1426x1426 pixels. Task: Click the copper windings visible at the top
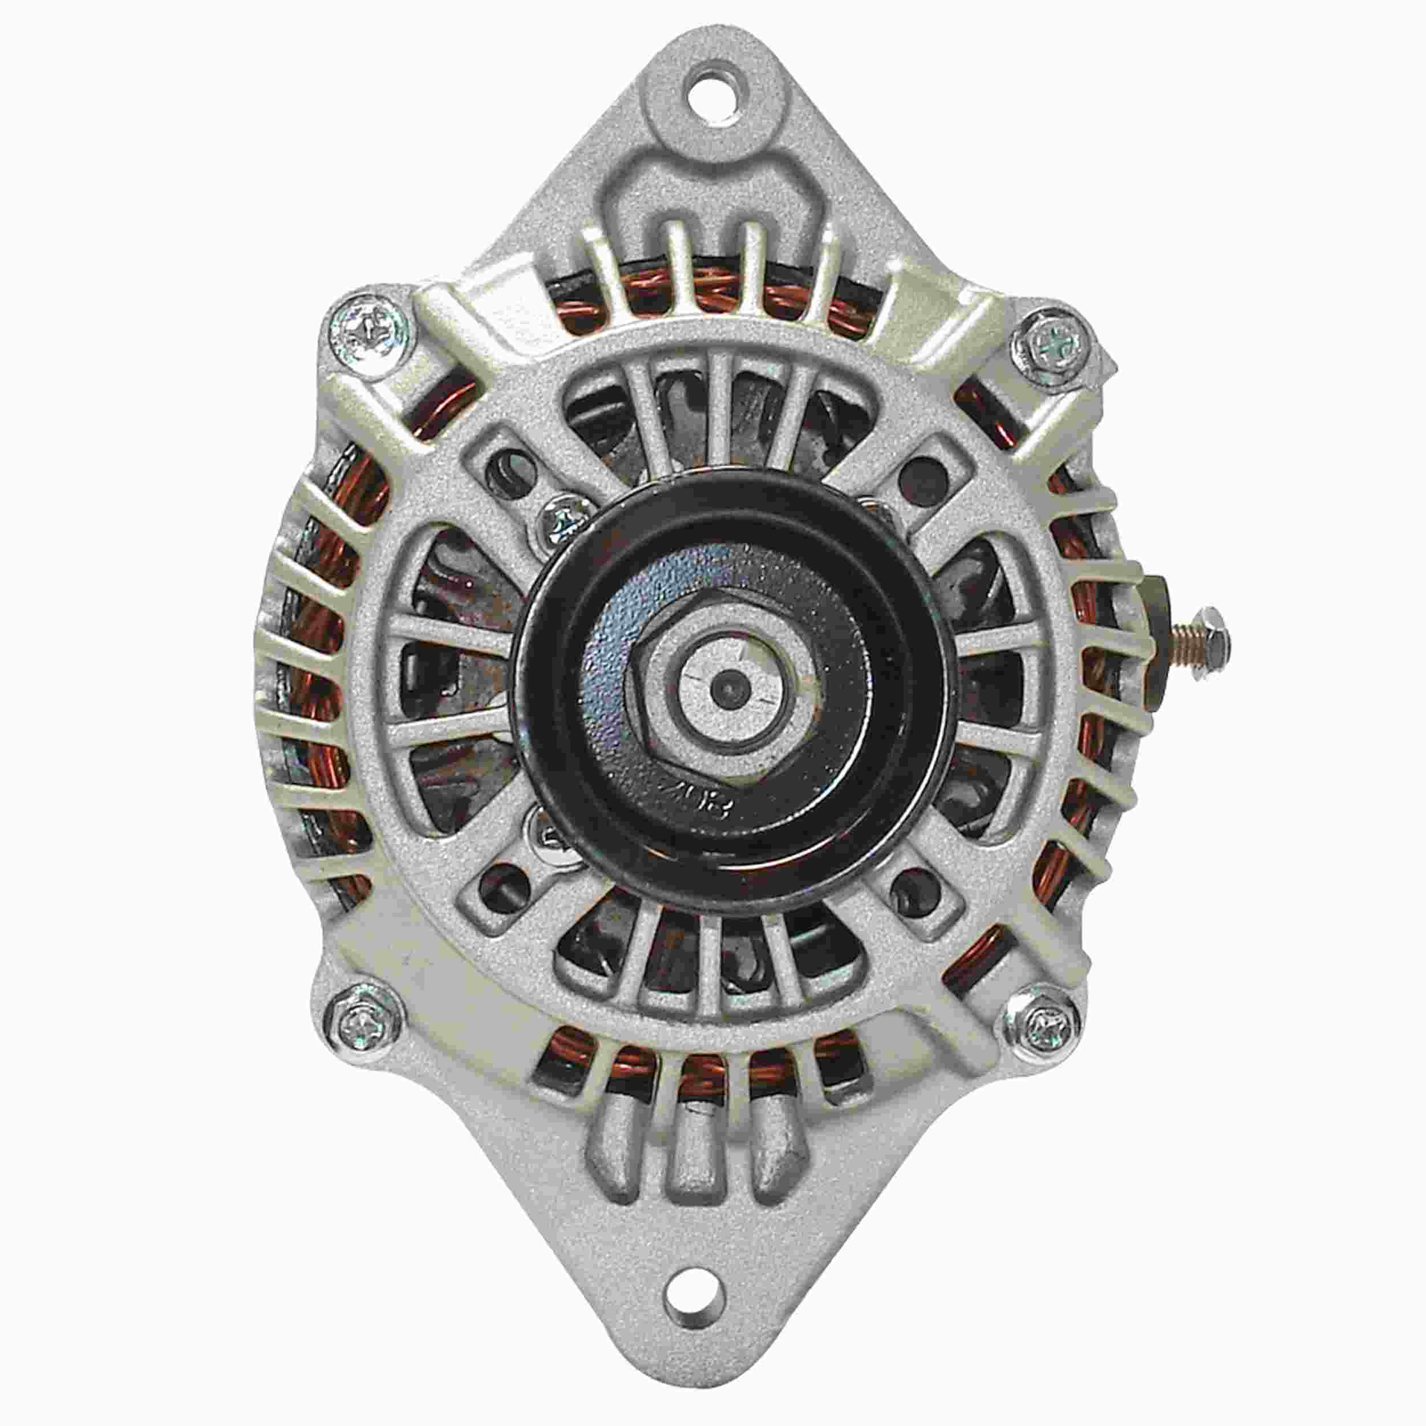708,291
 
